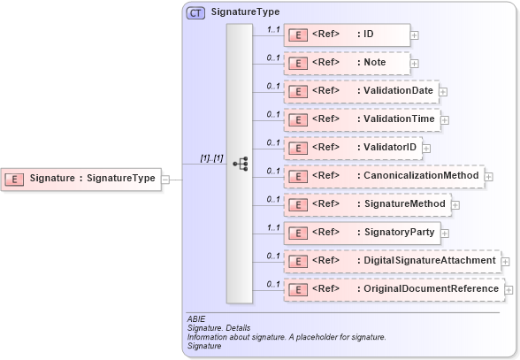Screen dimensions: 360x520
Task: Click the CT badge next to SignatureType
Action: (195, 13)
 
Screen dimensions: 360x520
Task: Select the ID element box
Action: (346, 35)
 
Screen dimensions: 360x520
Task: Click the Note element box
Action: (346, 64)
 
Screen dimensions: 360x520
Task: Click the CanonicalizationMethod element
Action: (383, 176)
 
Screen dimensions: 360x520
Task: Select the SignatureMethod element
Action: (367, 204)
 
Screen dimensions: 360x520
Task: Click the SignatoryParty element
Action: (362, 233)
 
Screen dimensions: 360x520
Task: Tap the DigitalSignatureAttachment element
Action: (391, 261)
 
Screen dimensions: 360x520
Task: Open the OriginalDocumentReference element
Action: (393, 289)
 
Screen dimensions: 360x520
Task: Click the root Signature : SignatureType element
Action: (80, 179)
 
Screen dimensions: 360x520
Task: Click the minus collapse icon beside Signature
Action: (165, 179)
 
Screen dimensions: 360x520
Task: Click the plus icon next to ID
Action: (414, 36)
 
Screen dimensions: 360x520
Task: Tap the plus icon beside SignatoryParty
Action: (446, 234)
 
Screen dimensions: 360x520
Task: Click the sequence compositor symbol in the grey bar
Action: (240, 164)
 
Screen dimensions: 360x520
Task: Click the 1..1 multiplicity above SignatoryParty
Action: (273, 227)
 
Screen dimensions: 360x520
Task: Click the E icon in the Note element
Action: (299, 64)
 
